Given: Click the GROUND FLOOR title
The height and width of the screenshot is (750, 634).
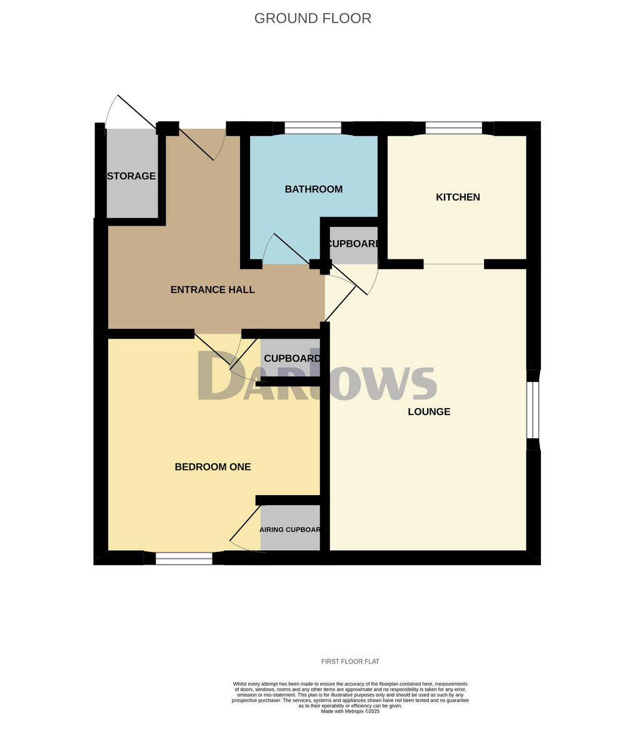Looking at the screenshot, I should tap(313, 18).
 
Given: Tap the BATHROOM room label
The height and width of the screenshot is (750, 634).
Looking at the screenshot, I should tap(313, 189).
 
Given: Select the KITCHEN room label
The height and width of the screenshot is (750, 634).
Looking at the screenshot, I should tap(458, 197).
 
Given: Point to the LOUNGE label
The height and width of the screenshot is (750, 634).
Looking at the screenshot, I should tap(429, 412).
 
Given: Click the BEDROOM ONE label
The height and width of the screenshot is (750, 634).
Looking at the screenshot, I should tap(213, 467).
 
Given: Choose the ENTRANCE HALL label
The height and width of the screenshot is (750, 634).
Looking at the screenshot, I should tap(213, 290).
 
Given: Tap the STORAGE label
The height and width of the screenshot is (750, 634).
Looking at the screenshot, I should tap(131, 176).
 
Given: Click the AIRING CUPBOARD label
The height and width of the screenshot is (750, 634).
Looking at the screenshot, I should tap(290, 530).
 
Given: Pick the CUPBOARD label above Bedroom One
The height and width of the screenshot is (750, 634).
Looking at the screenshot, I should tap(292, 359).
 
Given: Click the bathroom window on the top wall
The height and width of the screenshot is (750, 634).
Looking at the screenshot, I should tap(313, 128).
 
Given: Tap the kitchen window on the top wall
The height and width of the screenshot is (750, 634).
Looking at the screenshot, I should tap(453, 128).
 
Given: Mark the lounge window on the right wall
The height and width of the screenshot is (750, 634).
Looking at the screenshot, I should tap(533, 410).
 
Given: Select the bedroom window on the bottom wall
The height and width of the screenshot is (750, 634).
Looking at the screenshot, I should tap(184, 559).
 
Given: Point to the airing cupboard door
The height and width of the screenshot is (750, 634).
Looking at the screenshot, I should tap(245, 523).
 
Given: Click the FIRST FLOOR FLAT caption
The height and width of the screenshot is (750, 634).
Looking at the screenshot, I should tap(350, 662).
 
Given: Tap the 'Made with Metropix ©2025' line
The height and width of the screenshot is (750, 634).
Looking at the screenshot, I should tap(350, 711).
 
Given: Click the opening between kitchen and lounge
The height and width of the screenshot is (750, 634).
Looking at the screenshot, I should tap(453, 264).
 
